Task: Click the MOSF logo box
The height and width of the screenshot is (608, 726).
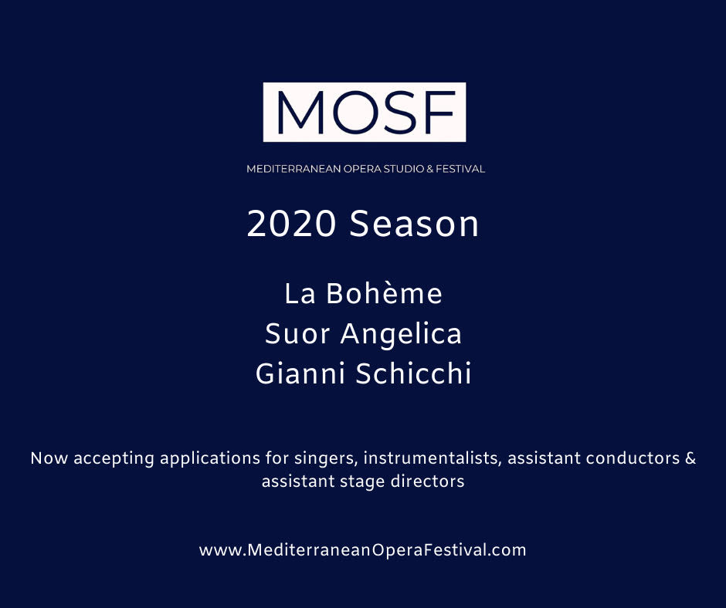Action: (x=365, y=112)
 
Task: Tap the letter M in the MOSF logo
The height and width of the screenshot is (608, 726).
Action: (x=300, y=112)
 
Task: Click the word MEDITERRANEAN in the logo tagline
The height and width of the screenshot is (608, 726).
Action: (x=293, y=169)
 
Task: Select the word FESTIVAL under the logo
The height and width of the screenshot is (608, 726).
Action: (x=460, y=169)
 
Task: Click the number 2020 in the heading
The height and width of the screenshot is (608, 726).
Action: (x=290, y=224)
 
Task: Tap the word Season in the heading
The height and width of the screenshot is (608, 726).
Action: (x=414, y=224)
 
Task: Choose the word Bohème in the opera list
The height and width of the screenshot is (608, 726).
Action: (x=385, y=293)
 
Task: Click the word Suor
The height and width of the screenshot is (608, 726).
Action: (x=297, y=333)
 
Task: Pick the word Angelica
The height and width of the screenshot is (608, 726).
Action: (x=401, y=335)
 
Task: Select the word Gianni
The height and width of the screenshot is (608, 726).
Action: (x=300, y=373)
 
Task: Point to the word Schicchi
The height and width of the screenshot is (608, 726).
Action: (x=413, y=373)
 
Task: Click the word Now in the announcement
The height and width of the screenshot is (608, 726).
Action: (x=49, y=458)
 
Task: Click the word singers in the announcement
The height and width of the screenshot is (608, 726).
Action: (x=326, y=459)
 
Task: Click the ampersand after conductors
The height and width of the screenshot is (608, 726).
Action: (x=690, y=458)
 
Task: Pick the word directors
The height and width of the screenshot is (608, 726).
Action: (x=427, y=481)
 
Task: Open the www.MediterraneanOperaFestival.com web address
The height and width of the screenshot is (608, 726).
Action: (x=362, y=550)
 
